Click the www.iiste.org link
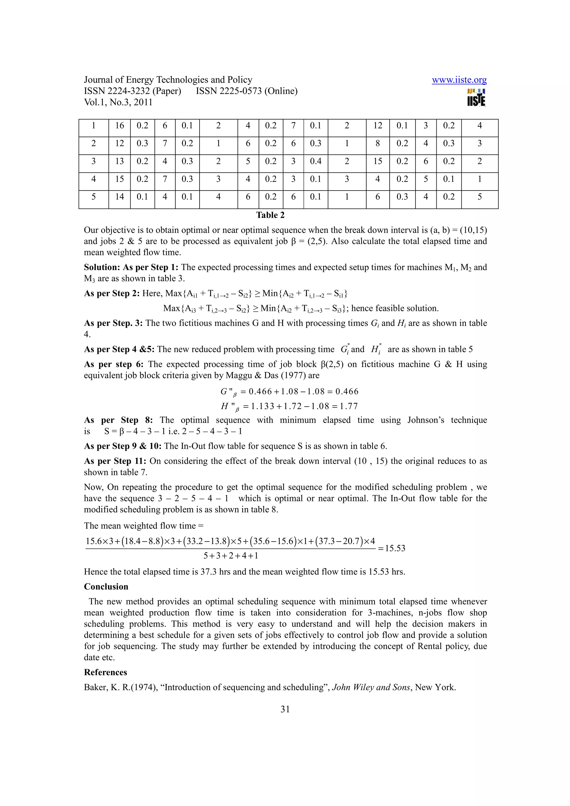459,80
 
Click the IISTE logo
476,97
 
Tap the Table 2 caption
270,215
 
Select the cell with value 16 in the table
119,126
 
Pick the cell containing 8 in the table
378,143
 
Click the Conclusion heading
106,587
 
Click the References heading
105,672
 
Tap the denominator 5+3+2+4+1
231,556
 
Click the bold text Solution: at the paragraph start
102,267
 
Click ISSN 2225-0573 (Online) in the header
247,91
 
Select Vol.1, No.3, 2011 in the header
118,103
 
